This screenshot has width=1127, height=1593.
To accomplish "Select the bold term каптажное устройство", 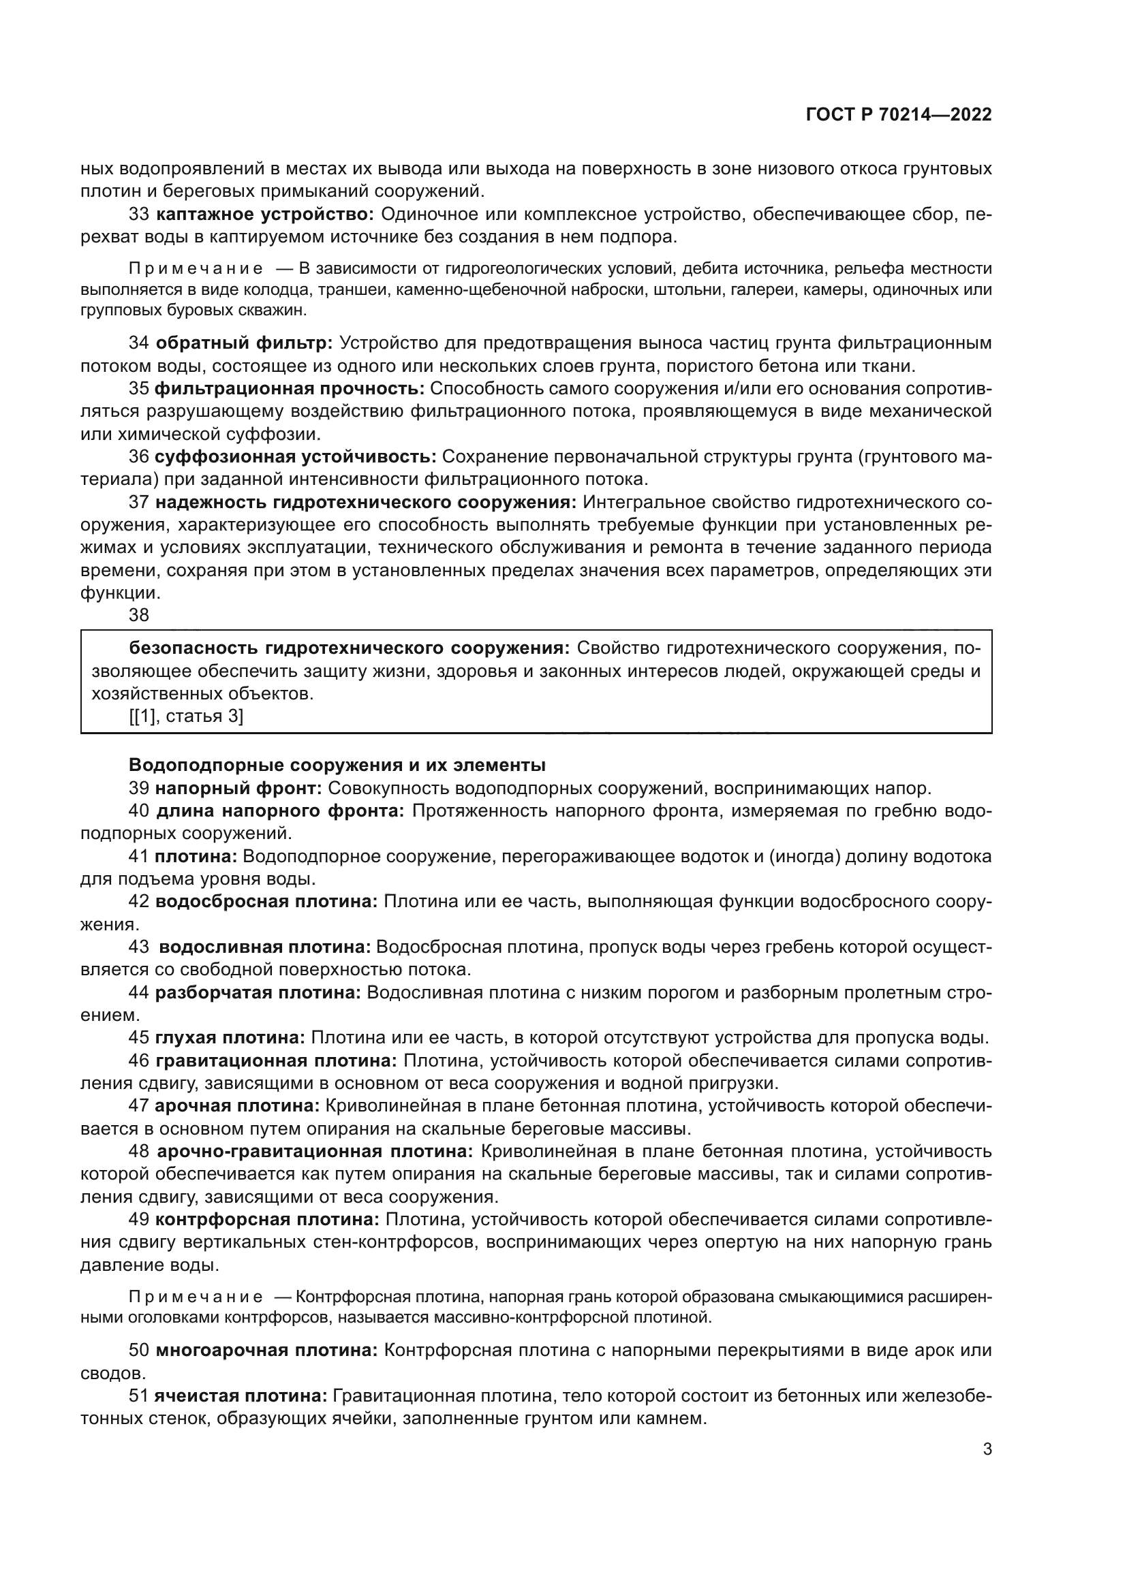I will click(x=265, y=215).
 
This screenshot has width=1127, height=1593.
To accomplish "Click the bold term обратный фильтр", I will click(x=245, y=343).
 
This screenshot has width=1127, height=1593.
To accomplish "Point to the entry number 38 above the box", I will click(x=139, y=615).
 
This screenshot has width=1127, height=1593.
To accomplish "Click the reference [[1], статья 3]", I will click(x=186, y=716).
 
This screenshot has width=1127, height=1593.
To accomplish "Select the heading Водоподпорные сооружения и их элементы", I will click(x=337, y=766).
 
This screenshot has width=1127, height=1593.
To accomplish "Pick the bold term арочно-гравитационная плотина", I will click(x=315, y=1152).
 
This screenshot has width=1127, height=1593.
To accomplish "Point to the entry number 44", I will click(x=139, y=992).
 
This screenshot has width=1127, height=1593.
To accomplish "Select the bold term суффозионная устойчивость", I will click(x=295, y=456).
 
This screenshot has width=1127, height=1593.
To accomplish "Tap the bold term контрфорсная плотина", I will click(x=267, y=1220).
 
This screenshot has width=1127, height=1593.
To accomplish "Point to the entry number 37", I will click(x=139, y=503).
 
